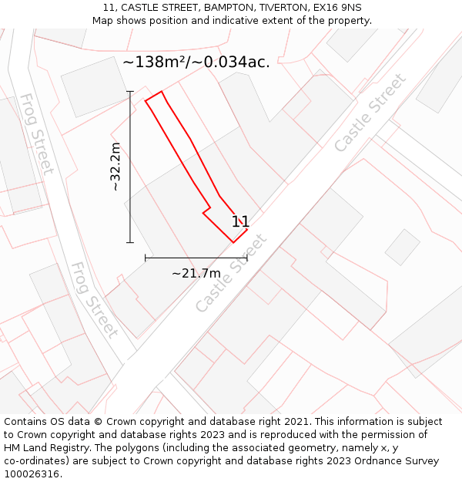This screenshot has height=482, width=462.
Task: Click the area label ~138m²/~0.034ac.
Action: tap(196, 62)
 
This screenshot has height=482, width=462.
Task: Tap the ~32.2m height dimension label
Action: tap(115, 167)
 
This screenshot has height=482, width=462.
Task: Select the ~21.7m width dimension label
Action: tap(196, 273)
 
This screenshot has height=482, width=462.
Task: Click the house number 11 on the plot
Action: tap(240, 222)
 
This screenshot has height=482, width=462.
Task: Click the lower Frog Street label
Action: tap(94, 300)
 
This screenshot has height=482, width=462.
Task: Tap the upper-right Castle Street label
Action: tap(370, 113)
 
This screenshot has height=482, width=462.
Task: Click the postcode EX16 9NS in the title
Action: tap(336, 8)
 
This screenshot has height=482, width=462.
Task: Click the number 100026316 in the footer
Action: tap(32, 474)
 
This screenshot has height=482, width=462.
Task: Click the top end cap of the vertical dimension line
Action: tap(130, 92)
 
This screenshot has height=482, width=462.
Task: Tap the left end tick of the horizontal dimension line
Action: tap(146, 258)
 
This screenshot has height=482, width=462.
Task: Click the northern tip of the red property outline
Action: tap(161, 92)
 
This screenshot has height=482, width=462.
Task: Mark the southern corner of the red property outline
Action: tap(233, 242)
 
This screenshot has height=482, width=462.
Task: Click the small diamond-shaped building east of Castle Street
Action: tap(402, 247)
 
